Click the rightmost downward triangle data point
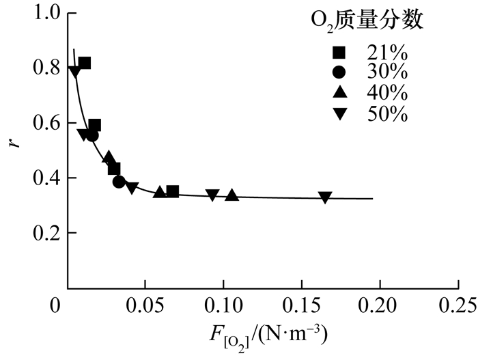325,197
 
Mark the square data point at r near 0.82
85,64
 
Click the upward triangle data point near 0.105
231,195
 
